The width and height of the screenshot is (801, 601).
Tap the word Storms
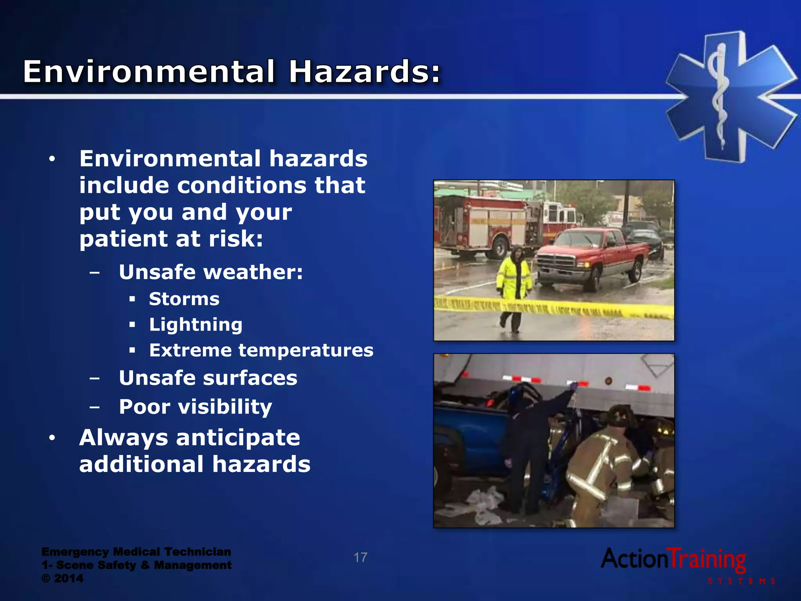[184, 299]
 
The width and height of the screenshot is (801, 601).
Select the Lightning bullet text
[196, 325]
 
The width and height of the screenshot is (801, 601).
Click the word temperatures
[306, 350]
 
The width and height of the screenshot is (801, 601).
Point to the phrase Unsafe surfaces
[208, 378]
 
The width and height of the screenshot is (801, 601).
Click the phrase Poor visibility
[196, 407]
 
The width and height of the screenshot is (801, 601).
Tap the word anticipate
[238, 437]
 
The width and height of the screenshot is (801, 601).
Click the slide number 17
[360, 557]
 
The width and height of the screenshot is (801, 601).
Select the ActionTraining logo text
[673, 560]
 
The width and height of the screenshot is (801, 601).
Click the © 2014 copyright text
[63, 578]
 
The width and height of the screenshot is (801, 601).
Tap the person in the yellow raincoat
[514, 282]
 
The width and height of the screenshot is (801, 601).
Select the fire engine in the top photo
[485, 227]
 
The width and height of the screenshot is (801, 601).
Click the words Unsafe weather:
[211, 272]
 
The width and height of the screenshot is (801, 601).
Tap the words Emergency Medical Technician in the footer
[136, 552]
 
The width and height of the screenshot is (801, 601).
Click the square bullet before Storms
[132, 299]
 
